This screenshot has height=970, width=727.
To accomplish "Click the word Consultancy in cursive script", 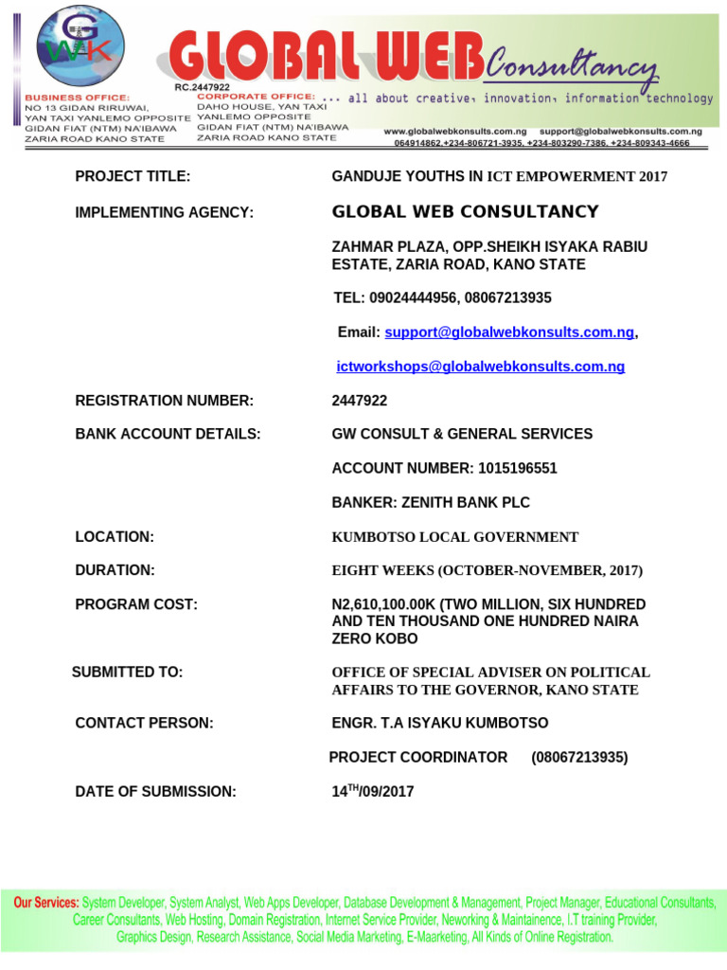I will coord(572,65).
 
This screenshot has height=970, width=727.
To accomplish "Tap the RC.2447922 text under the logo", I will coord(202,87).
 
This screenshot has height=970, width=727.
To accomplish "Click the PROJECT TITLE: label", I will coord(133,176).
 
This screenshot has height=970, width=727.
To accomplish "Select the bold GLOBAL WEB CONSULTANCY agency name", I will coord(465,211).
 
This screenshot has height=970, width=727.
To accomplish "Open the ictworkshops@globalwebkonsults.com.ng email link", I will coord(481,367).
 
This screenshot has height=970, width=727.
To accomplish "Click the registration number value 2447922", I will coord(360,401).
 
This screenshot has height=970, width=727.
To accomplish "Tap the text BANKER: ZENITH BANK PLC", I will coord(431,502).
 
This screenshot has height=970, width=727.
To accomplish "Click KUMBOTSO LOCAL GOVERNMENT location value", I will coord(454,537).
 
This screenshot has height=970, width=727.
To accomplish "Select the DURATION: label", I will coord(115,570).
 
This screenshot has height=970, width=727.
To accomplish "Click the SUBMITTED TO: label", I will coord(127,672).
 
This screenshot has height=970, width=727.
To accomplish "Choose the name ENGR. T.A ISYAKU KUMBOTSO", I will coord(439,723).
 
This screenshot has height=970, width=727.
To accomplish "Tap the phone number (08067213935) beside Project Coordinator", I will coord(579,757).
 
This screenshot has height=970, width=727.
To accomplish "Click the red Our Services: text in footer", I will coord(46,903).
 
